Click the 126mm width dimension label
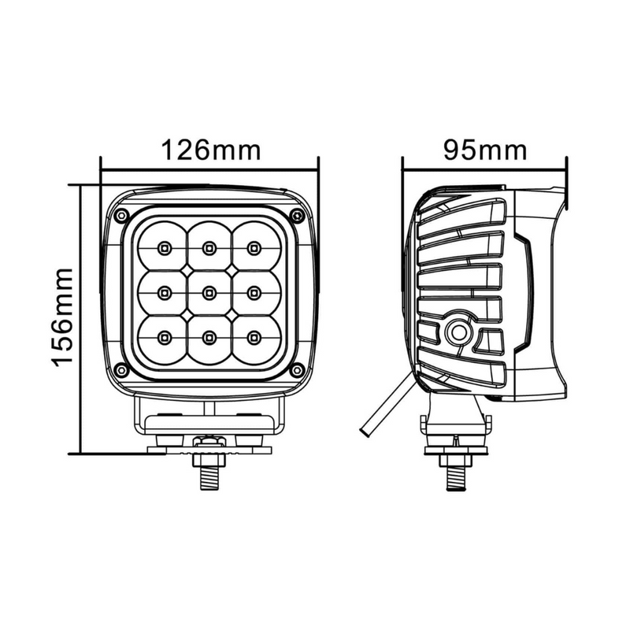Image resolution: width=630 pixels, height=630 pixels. click(210, 149)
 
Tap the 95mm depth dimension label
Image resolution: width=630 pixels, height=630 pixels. click(484, 149)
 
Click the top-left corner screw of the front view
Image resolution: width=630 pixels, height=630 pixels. click(120, 216)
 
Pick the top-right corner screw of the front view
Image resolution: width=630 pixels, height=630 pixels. click(297, 216)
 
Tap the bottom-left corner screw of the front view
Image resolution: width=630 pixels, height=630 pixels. click(120, 370)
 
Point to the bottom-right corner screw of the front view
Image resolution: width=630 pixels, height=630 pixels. click(297, 370)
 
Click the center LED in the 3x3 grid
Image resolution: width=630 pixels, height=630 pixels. click(209, 293)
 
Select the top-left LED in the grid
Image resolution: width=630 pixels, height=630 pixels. click(164, 249)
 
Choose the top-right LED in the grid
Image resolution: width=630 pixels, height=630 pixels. click(253, 249)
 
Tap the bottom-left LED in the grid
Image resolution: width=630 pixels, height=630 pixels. click(164, 337)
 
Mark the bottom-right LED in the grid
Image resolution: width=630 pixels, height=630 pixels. click(253, 337)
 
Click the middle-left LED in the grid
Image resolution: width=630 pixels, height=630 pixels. click(164, 293)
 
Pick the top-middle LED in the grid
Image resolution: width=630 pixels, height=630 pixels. click(209, 249)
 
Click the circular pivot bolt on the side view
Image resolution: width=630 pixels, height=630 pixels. click(457, 334)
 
